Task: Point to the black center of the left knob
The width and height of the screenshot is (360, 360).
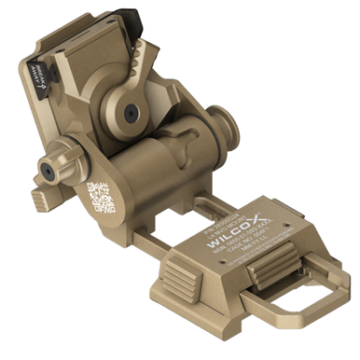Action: coord(43,169)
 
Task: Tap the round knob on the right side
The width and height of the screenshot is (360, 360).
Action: coord(225,124)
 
